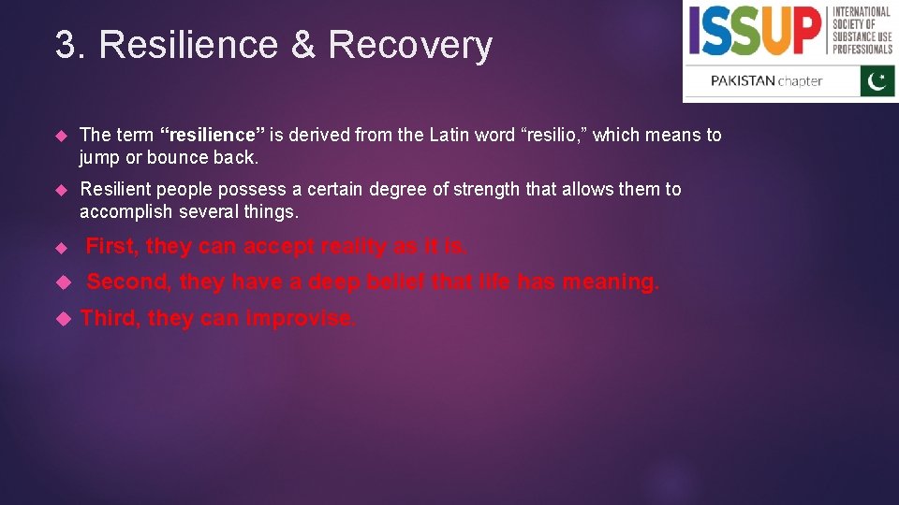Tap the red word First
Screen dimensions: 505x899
pos(112,247)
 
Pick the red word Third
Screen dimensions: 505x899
pos(110,318)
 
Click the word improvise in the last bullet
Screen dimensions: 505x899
pos(301,318)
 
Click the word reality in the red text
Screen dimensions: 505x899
pos(354,247)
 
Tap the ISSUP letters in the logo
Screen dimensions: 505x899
pos(755,30)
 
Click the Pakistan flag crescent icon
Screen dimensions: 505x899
pos(877,81)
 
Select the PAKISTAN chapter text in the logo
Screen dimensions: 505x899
pos(766,80)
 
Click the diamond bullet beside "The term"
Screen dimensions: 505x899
pos(62,136)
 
